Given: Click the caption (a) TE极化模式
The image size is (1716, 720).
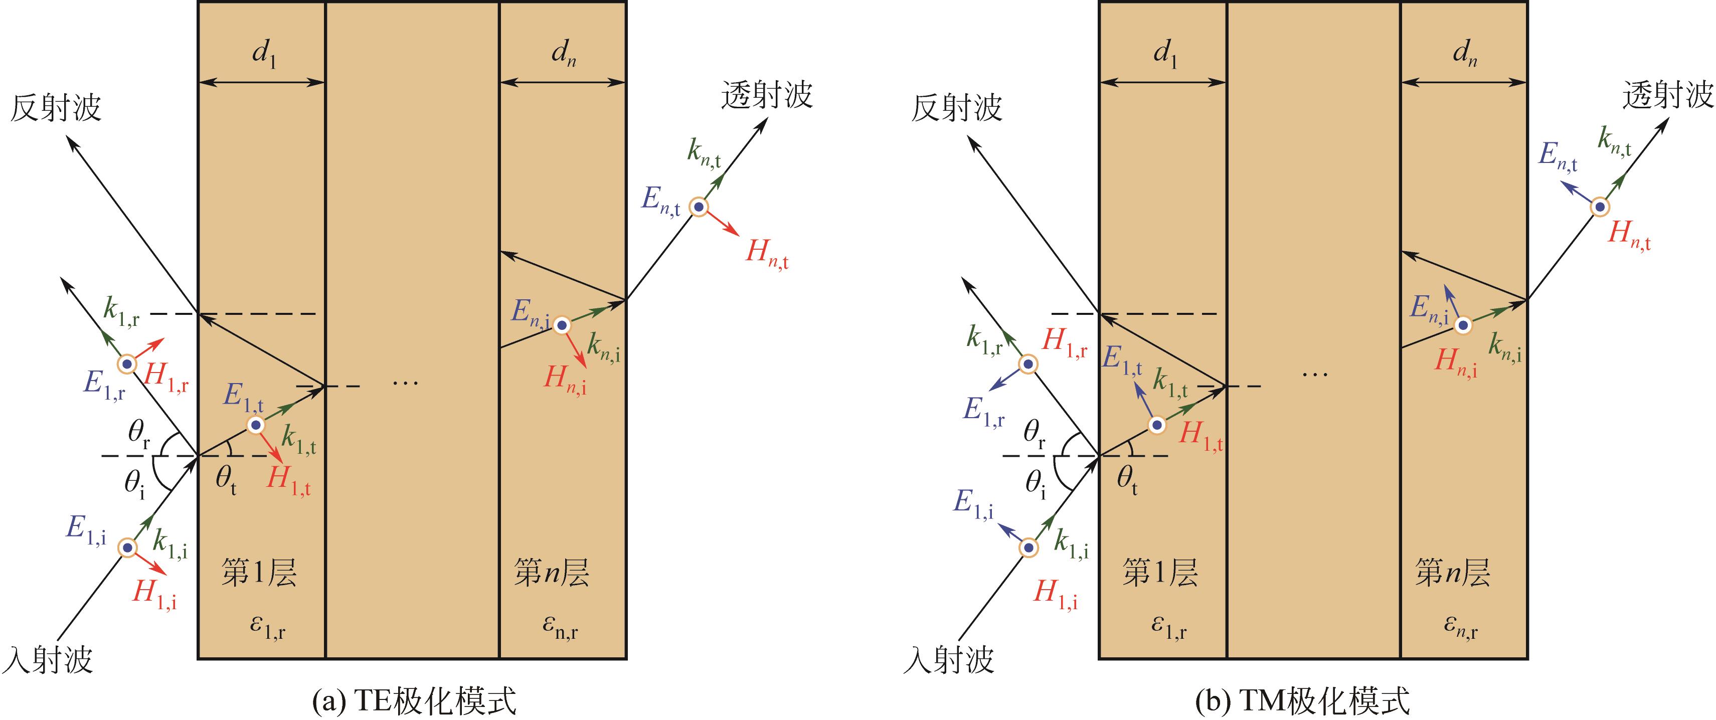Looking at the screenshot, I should pos(414,702).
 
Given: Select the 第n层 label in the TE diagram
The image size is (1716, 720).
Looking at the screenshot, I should pos(552,572).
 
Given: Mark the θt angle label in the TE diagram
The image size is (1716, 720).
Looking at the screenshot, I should pos(226,481).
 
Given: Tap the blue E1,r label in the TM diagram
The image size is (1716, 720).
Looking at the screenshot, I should pos(983,412).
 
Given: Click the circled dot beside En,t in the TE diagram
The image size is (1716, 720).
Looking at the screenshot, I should pos(698,208).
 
